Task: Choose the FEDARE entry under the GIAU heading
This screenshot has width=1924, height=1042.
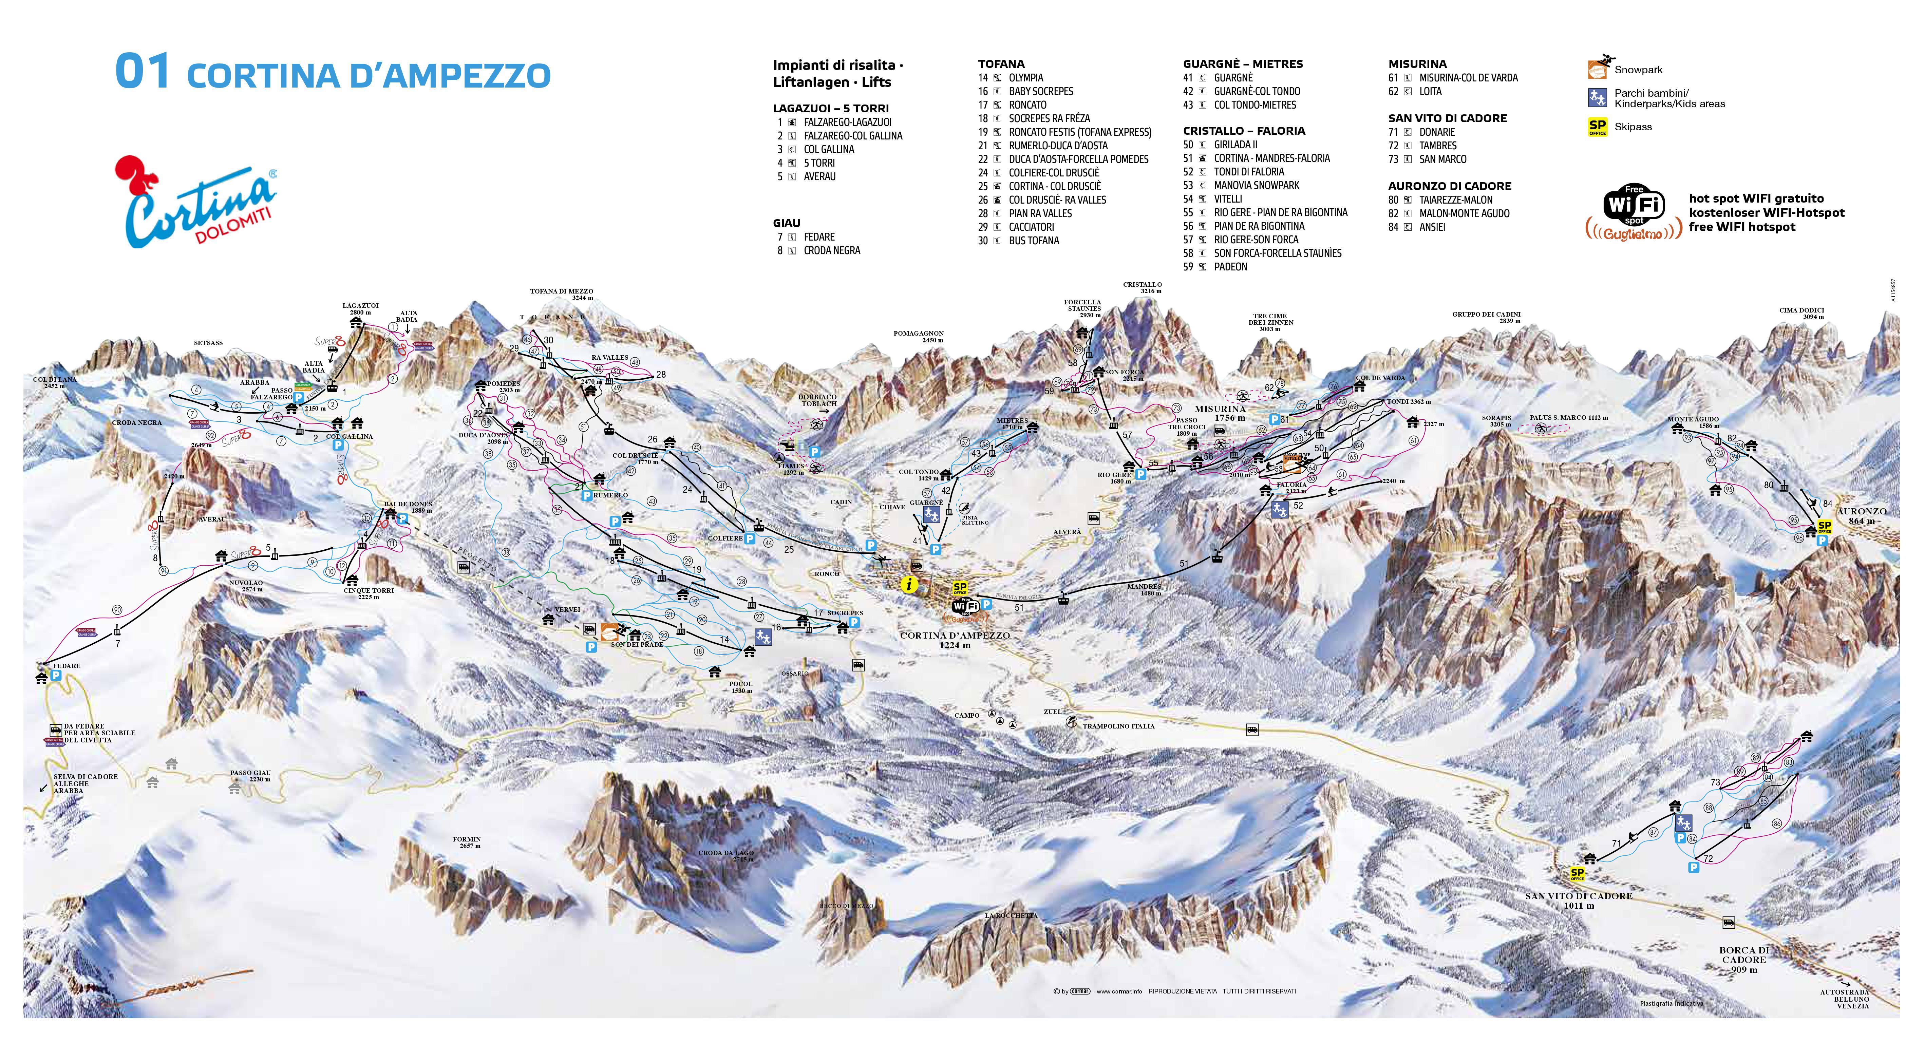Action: tap(818, 237)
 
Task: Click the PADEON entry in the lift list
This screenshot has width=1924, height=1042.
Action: tap(1230, 267)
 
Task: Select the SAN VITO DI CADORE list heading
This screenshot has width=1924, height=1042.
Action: tap(1448, 118)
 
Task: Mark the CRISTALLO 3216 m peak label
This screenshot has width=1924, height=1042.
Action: tap(1142, 288)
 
